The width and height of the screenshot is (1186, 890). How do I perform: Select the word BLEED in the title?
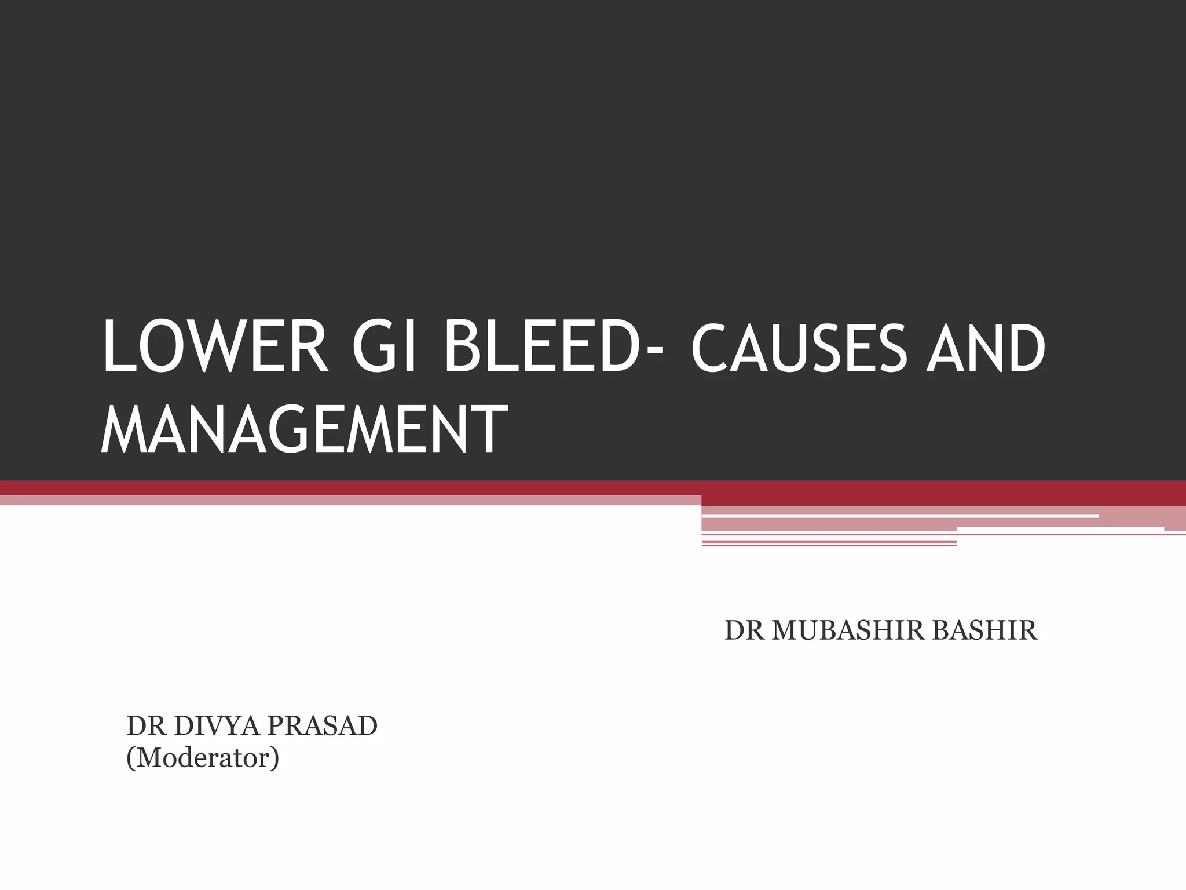(x=539, y=349)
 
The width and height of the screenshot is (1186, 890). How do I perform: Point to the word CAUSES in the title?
(x=799, y=349)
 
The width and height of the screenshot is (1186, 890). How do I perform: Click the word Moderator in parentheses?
(x=203, y=758)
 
